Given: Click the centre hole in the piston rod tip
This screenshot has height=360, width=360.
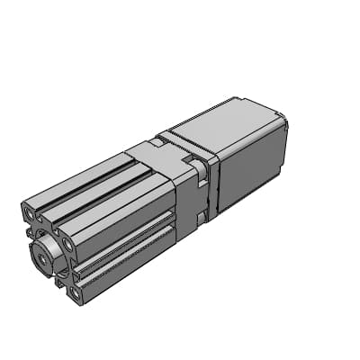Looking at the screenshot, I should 41,256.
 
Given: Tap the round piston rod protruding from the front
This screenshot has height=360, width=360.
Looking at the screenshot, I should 48,251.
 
